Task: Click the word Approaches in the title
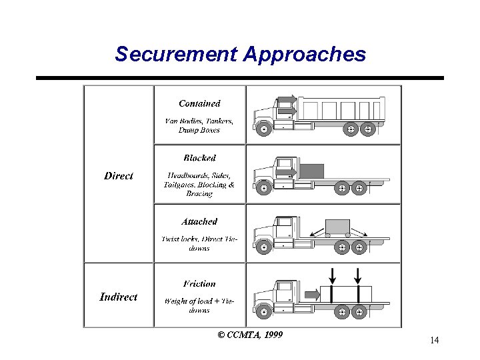304,54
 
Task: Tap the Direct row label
119,176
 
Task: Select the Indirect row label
119,297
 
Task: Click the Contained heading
199,103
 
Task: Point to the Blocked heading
199,158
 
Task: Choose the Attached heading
199,221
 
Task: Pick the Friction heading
199,283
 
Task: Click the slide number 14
434,341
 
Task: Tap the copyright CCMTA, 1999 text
250,334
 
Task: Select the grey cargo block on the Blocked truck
311,171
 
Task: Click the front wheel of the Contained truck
264,129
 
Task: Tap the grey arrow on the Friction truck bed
312,294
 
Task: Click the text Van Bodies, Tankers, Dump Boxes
199,125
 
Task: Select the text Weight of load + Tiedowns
199,305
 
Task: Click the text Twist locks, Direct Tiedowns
199,243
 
